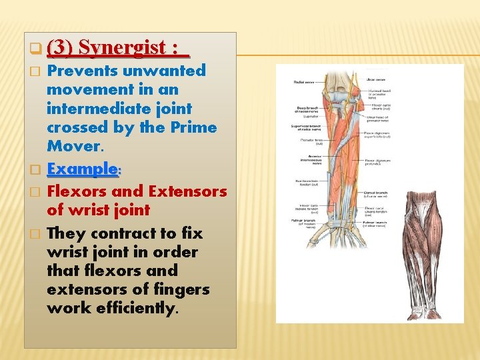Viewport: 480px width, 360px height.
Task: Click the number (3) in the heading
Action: coord(62,48)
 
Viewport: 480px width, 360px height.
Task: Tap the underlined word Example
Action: coord(83,169)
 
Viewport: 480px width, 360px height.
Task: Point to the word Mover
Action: coord(71,145)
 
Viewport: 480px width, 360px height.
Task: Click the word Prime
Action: coord(193,127)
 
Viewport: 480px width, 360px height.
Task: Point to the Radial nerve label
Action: coord(304,82)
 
